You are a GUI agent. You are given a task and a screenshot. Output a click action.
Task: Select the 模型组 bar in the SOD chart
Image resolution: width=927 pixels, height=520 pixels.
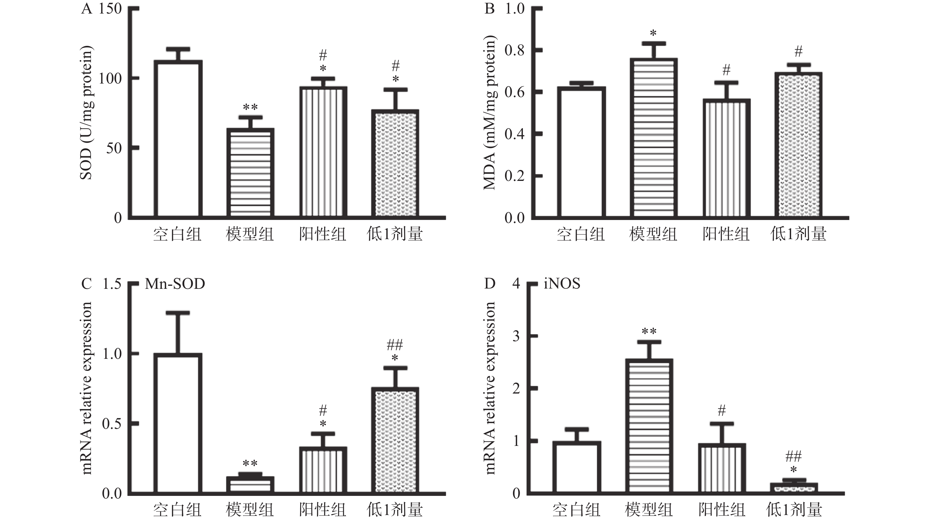pos(250,173)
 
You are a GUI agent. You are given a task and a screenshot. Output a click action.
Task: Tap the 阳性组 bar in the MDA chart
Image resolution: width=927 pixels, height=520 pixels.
pos(726,159)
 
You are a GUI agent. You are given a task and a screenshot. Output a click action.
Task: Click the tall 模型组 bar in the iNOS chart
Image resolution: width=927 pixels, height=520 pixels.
pos(649,426)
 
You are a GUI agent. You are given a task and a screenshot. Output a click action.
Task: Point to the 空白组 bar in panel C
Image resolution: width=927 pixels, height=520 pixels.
pos(178,423)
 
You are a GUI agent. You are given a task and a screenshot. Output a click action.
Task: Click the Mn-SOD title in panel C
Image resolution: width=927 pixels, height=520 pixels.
pos(175,284)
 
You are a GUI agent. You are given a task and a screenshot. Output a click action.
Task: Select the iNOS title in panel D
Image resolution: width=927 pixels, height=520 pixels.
pos(562,284)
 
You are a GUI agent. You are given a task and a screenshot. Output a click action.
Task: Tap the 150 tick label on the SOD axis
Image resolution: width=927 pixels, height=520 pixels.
pos(110,9)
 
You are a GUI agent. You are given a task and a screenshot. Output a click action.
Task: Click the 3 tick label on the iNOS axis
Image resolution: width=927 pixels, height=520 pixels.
pos(516,336)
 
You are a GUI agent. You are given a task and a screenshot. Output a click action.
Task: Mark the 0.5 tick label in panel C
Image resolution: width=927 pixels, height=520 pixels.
pos(112,424)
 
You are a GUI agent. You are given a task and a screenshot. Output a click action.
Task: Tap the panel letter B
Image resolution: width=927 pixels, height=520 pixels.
pos(490,9)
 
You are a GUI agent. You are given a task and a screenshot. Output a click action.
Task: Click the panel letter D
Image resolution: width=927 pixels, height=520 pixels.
pos(490,284)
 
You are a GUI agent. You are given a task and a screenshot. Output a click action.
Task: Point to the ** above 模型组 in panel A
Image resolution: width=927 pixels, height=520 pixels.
pos(250,107)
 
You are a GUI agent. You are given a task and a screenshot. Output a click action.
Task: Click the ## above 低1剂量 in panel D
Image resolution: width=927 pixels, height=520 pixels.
pos(793,457)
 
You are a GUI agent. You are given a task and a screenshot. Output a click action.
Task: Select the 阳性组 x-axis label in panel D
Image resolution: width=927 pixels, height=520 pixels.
pos(722,510)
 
